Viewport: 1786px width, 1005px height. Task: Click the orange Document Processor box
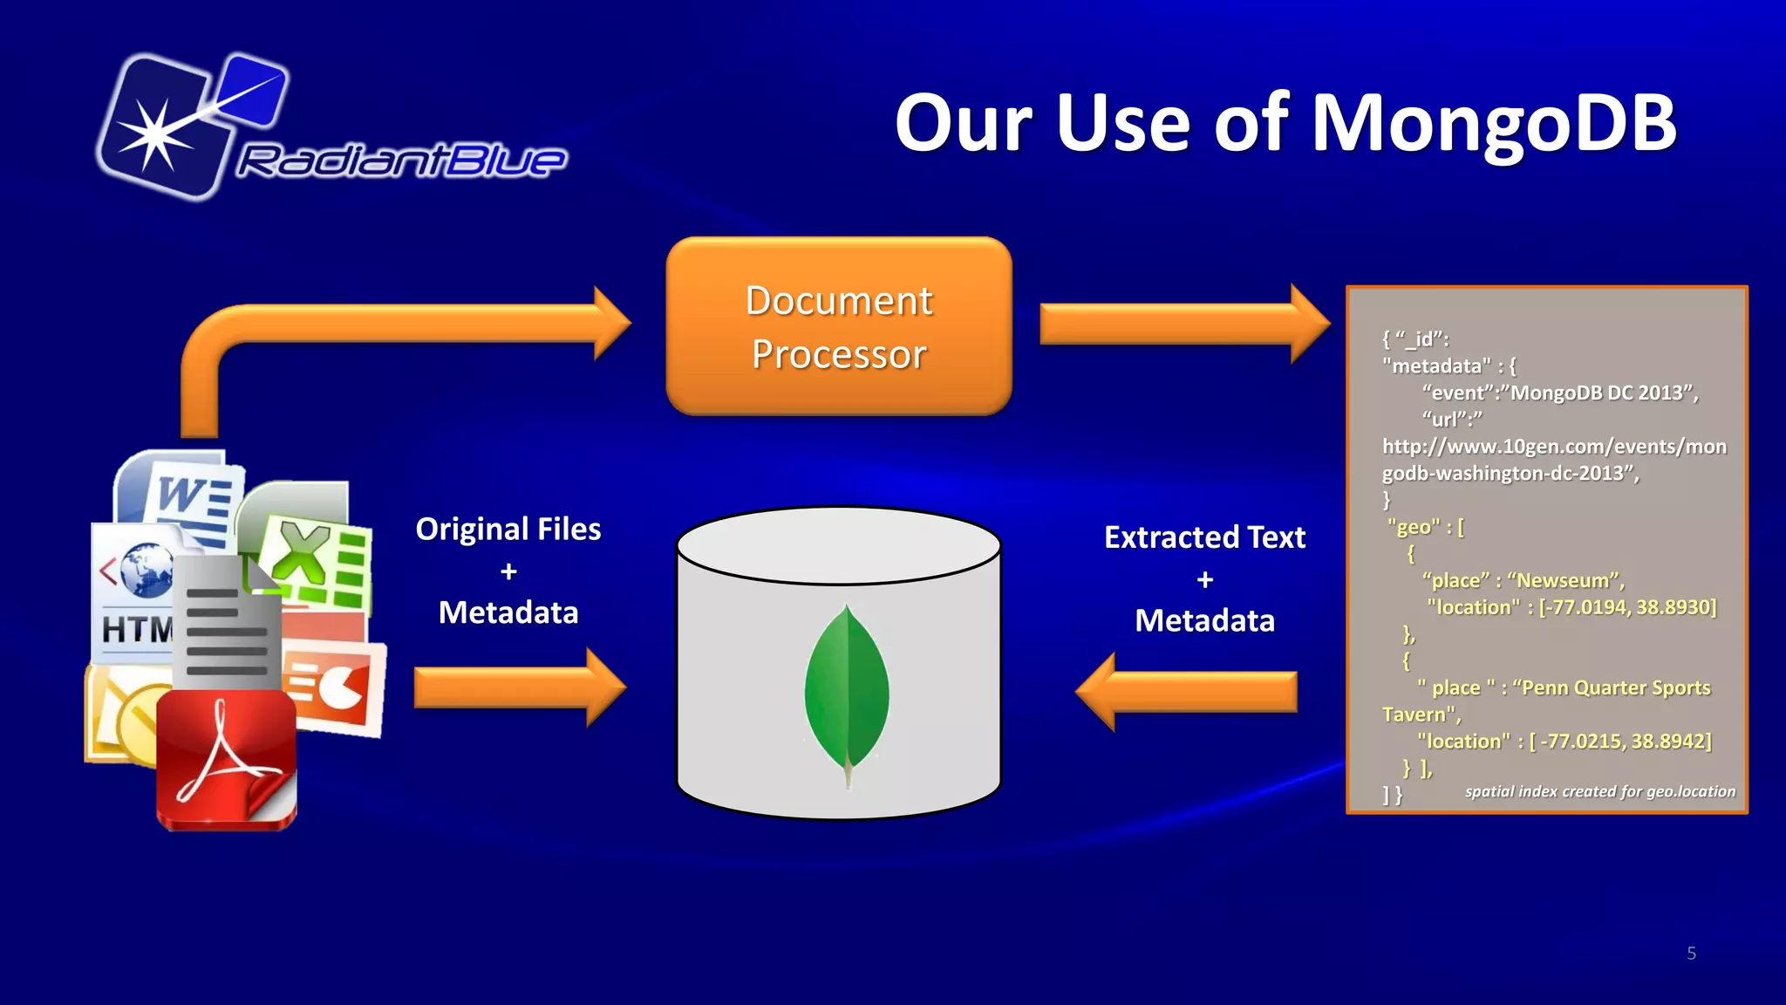pos(839,326)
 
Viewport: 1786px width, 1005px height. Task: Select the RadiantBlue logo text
pos(401,161)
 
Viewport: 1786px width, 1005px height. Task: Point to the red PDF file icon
pos(227,759)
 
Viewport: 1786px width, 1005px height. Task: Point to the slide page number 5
pos(1691,954)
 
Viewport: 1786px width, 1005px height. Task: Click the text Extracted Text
pos(1204,537)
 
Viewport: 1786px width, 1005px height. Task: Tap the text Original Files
pos(508,530)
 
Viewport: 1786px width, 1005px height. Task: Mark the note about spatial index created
pos(1599,791)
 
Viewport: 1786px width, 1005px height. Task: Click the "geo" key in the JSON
pos(1413,527)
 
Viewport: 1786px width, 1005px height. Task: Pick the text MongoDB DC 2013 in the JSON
pos(1601,393)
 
